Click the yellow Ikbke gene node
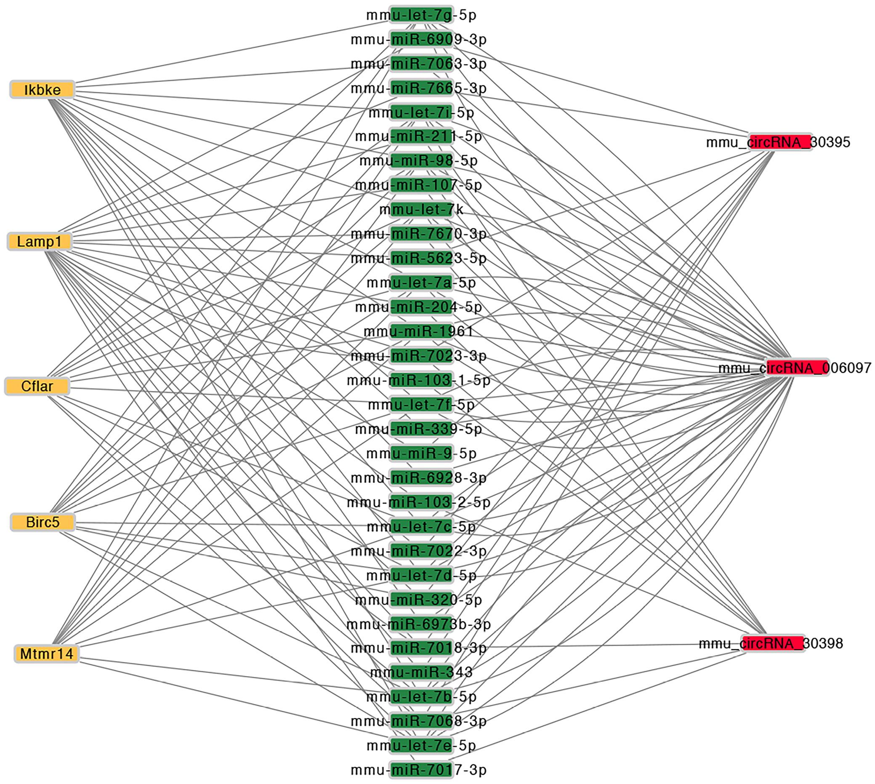point(42,90)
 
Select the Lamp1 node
point(39,241)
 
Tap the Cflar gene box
point(37,386)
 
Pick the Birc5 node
point(43,522)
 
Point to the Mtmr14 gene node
point(46,653)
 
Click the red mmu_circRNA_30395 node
point(780,142)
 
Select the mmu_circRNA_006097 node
point(797,368)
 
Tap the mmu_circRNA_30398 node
point(773,643)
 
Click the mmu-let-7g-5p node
point(421,15)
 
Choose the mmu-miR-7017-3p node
point(421,769)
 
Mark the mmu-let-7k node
point(421,209)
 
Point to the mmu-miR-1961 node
point(421,331)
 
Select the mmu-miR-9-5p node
point(421,453)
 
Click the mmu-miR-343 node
point(421,672)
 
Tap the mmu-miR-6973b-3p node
point(421,624)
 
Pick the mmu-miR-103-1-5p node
point(421,380)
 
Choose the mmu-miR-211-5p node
point(421,136)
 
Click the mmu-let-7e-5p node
point(421,745)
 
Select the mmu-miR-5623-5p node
point(421,258)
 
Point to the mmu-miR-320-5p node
point(421,599)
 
